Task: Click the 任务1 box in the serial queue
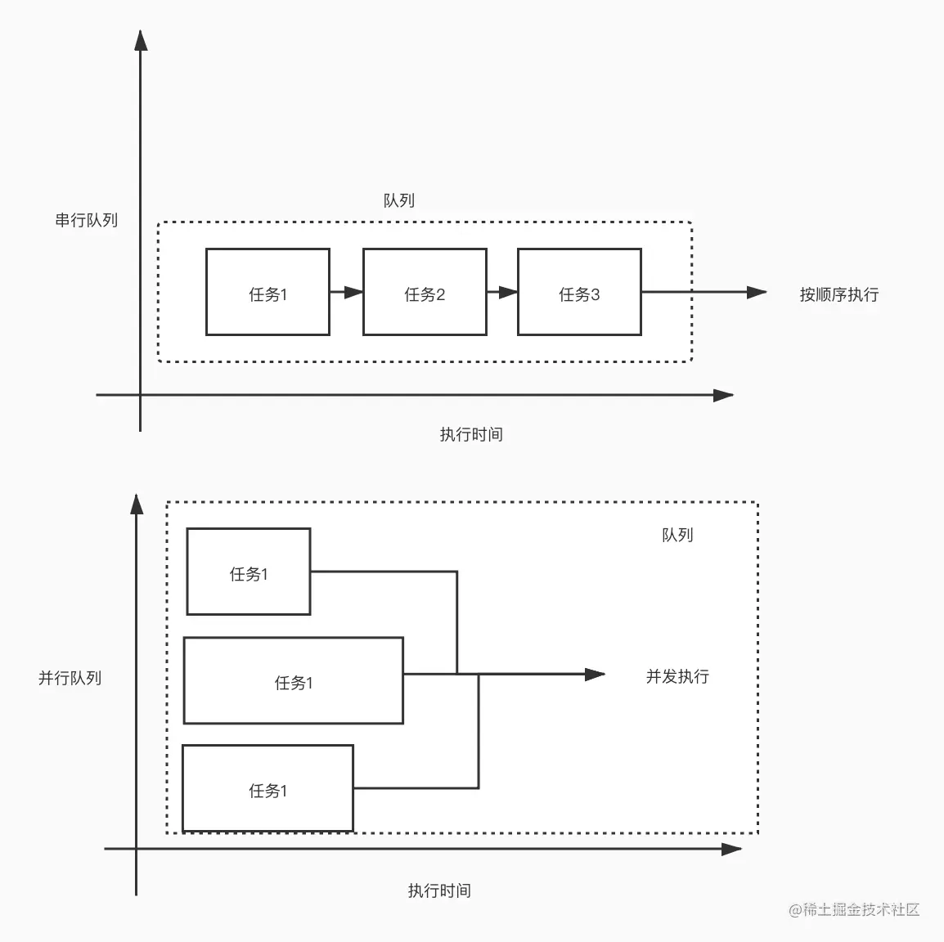[x=267, y=293]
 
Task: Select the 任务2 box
[x=425, y=293]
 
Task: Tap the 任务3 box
[x=579, y=293]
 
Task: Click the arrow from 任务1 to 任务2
[x=346, y=292]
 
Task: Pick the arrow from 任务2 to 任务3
[x=502, y=292]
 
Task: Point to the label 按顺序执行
[x=838, y=295]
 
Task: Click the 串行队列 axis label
[x=86, y=221]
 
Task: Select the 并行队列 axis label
[x=70, y=678]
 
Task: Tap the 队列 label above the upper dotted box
[x=399, y=201]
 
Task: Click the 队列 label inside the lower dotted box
[x=677, y=535]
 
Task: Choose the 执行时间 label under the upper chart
[x=471, y=435]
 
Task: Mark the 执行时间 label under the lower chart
[x=439, y=891]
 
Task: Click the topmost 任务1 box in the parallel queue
[x=249, y=572]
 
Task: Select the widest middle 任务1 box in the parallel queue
[x=293, y=681]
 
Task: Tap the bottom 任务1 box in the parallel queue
[x=267, y=788]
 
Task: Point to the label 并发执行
[x=677, y=676]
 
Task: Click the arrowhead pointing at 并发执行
[x=595, y=675]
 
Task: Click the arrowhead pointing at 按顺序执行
[x=757, y=292]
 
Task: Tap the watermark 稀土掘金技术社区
[x=855, y=910]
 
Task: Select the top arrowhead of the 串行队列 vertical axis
[x=141, y=41]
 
